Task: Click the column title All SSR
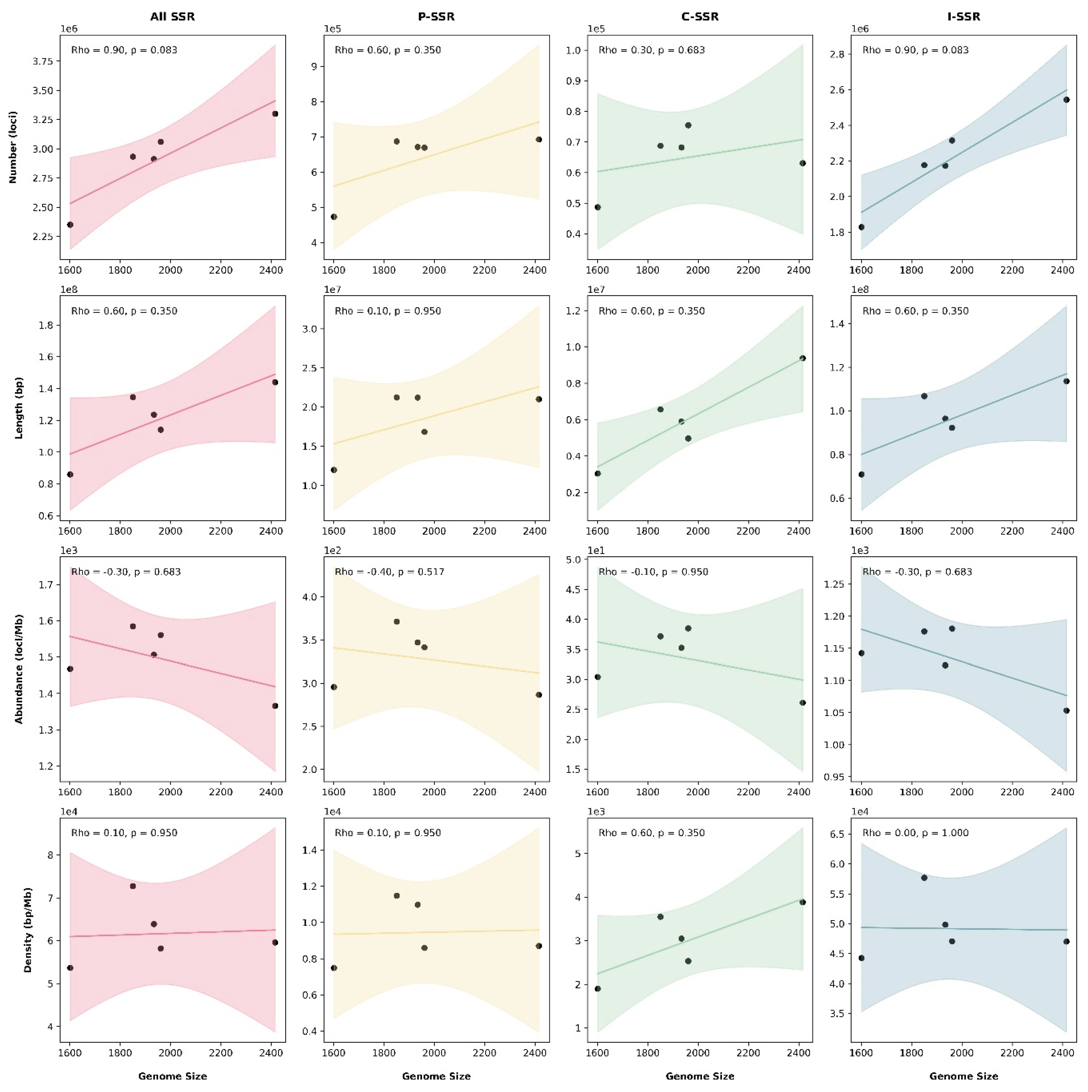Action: click(172, 16)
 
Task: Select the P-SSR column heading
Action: click(436, 16)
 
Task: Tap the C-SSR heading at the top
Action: click(700, 16)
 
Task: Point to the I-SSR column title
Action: click(964, 16)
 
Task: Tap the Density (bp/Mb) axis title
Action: click(27, 930)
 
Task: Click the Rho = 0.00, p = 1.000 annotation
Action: click(915, 833)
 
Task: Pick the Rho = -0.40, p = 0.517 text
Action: click(389, 572)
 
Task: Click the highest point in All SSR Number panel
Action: click(275, 114)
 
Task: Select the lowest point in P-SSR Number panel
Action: click(334, 216)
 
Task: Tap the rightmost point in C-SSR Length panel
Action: click(802, 358)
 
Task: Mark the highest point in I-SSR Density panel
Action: click(924, 878)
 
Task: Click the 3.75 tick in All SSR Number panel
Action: click(44, 61)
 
